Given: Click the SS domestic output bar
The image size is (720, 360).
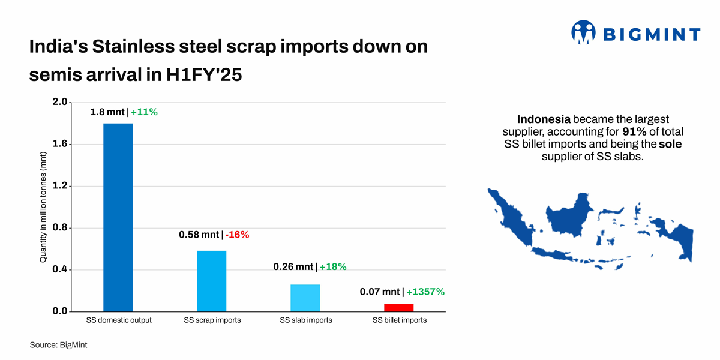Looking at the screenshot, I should [118, 217].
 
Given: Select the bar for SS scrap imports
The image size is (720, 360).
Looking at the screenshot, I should [212, 281].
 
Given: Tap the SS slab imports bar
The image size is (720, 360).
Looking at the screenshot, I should [305, 298].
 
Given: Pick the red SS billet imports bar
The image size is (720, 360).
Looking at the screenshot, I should [399, 307].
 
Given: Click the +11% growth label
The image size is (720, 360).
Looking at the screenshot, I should [144, 112].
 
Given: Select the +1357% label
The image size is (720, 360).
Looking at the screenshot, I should [425, 292].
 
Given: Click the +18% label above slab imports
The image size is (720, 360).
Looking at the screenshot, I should [333, 266].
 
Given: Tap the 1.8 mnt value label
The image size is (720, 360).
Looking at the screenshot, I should [107, 112].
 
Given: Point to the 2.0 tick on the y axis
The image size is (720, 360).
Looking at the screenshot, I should [60, 103].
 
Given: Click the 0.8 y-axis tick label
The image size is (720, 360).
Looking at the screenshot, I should [60, 228].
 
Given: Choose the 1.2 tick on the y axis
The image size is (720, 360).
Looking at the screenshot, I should [60, 186].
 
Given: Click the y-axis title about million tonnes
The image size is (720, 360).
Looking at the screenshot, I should [43, 206].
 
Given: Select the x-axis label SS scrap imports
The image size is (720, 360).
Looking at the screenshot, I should [212, 320].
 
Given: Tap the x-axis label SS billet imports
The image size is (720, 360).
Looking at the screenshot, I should [400, 320].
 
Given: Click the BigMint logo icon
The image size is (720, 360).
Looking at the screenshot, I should [583, 33].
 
